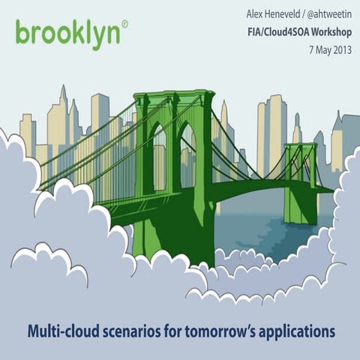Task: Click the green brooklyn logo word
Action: tap(67, 34)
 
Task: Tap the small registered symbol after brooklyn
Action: tap(124, 24)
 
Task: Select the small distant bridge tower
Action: tap(300, 180)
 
